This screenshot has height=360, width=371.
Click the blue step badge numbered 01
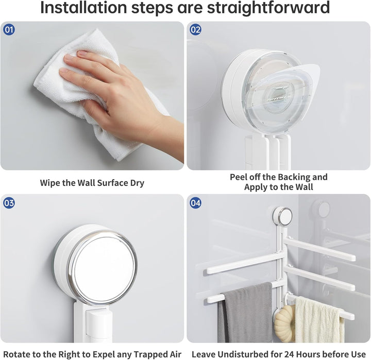(x=9, y=30)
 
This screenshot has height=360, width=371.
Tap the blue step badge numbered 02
(x=195, y=30)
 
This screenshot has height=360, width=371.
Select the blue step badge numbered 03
(x=9, y=203)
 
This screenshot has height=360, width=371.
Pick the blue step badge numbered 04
(x=195, y=203)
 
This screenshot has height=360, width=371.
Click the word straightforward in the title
(x=268, y=8)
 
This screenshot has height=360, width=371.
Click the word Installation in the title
(x=84, y=8)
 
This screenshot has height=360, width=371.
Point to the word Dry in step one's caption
(x=137, y=183)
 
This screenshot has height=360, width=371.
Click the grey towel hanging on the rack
(x=245, y=312)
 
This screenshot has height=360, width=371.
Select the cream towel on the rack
(x=318, y=320)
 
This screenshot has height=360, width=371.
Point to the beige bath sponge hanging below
(x=284, y=323)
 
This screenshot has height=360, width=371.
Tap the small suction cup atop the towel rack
(x=282, y=216)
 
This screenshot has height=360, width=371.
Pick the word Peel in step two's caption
(x=238, y=177)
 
